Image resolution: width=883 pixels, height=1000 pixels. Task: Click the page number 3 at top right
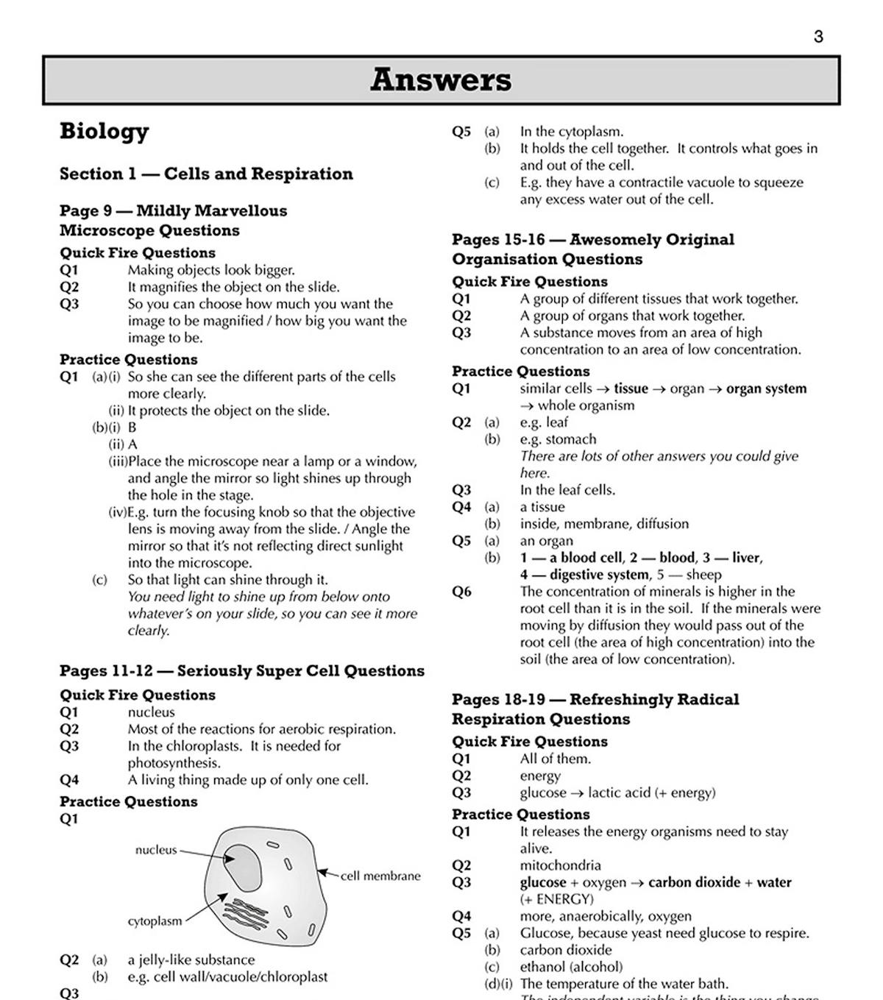[x=818, y=37]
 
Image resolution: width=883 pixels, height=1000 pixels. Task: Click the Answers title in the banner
[x=440, y=79]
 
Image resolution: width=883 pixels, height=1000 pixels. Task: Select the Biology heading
[x=104, y=131]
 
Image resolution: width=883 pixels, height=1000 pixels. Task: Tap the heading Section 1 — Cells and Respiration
[x=206, y=174]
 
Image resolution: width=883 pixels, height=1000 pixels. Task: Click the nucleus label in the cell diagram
[x=156, y=850]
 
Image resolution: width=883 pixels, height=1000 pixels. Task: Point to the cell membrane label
[x=380, y=876]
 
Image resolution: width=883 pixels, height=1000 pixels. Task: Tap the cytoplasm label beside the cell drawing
[x=155, y=921]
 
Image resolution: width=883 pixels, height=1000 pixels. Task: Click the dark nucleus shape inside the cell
[x=242, y=865]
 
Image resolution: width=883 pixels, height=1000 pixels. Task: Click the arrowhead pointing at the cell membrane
[x=322, y=873]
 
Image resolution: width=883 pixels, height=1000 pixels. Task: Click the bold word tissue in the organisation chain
[x=631, y=389]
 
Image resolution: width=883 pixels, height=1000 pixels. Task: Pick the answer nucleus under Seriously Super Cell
[x=152, y=712]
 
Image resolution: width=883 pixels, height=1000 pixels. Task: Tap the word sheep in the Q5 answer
[x=703, y=575]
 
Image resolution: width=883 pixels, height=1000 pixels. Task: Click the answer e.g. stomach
[x=558, y=439]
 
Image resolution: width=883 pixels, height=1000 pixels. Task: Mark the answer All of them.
[x=555, y=759]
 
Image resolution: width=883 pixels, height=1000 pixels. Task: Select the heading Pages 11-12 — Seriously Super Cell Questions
[x=242, y=671]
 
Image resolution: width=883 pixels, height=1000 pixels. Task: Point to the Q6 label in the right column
[x=461, y=592]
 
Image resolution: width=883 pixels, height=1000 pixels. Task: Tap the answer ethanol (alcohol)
[x=571, y=967]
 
